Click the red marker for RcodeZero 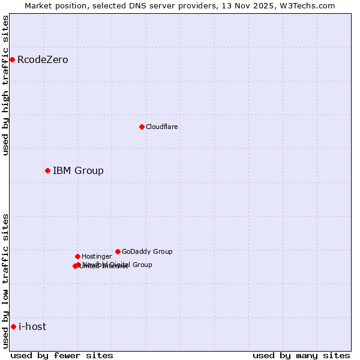[x=12, y=59]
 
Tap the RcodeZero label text [x=43, y=60]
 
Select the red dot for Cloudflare [x=142, y=127]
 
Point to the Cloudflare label [x=161, y=127]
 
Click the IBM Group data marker [x=47, y=170]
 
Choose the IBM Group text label [x=78, y=171]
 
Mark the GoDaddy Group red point [x=118, y=251]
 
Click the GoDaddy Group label [x=147, y=252]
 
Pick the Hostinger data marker [x=77, y=256]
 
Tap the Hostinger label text [x=97, y=257]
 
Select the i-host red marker [x=13, y=326]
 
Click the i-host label [x=32, y=327]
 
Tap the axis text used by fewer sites [x=62, y=355]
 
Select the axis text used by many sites [x=301, y=355]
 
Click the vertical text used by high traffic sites [x=5, y=85]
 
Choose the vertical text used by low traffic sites [x=5, y=281]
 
